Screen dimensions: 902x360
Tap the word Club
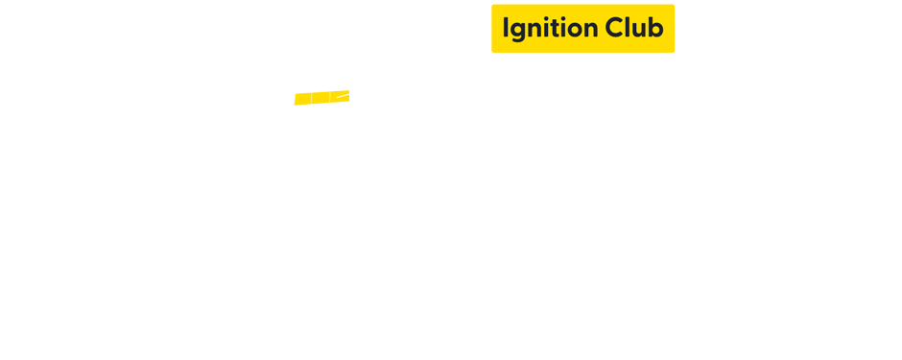point(634,28)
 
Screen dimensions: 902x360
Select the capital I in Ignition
point(506,28)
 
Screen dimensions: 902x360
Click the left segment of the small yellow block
point(301,98)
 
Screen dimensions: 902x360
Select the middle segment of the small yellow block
point(320,98)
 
